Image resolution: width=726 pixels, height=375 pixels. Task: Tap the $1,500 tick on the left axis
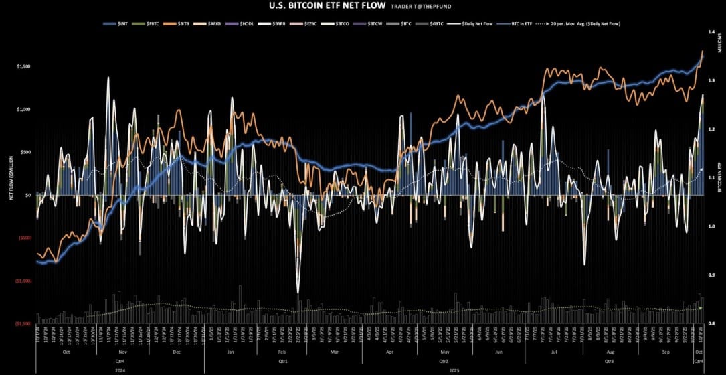click(x=22, y=67)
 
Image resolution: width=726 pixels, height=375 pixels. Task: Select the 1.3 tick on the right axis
click(x=713, y=81)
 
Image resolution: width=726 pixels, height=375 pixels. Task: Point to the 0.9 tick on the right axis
click(x=713, y=275)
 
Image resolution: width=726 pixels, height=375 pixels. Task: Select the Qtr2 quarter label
click(x=442, y=360)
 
